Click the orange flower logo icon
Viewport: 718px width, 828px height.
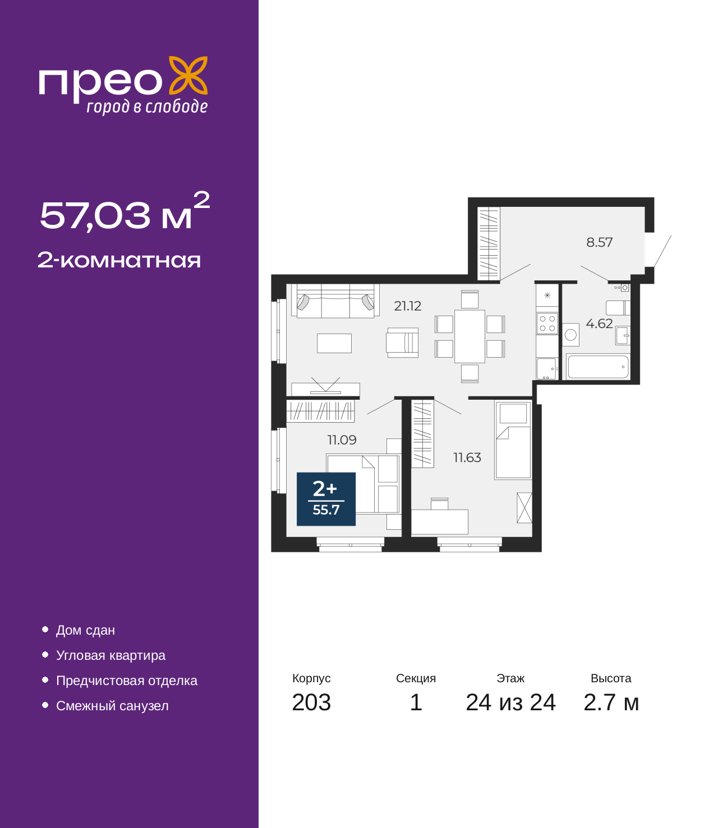(188, 75)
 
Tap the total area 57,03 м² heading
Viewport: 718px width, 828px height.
(125, 211)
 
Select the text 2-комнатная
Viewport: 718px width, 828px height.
(119, 260)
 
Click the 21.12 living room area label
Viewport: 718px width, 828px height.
(407, 306)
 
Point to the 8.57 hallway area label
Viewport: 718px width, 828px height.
(599, 242)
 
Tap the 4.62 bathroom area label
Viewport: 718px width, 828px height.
(599, 323)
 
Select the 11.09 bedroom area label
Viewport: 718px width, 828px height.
(342, 440)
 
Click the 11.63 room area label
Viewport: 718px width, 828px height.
(467, 457)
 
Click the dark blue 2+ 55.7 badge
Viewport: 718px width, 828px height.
(326, 499)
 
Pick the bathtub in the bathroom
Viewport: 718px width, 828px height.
(598, 367)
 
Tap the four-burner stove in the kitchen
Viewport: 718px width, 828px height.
(547, 323)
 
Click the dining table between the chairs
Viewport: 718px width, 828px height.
(470, 336)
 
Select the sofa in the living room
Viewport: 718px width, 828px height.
(335, 301)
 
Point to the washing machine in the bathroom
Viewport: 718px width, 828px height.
(570, 335)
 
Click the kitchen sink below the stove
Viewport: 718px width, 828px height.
(547, 368)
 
